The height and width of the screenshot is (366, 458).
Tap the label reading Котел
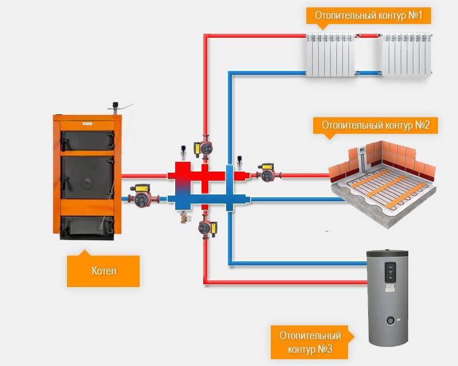(103, 270)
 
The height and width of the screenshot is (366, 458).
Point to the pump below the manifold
(206, 228)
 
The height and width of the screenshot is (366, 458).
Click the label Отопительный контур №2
(376, 125)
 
